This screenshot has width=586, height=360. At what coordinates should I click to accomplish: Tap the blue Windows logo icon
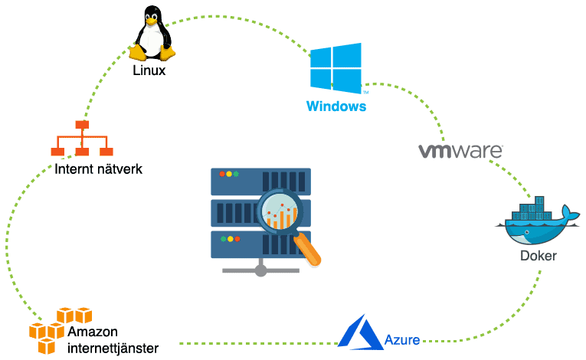tap(336, 68)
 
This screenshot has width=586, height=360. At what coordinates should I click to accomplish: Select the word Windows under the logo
tap(336, 106)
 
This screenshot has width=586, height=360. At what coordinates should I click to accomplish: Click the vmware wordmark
tap(460, 149)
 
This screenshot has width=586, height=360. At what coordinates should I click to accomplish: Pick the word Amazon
tap(93, 332)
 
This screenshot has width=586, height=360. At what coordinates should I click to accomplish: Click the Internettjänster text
tap(113, 348)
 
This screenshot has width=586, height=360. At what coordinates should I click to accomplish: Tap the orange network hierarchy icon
tap(81, 139)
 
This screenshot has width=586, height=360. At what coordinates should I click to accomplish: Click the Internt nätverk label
tap(97, 169)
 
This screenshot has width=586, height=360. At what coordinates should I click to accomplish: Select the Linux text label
tap(149, 70)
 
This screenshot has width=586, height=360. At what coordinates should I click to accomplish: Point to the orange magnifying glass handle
tap(308, 250)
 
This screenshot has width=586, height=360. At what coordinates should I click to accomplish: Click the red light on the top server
tap(221, 175)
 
